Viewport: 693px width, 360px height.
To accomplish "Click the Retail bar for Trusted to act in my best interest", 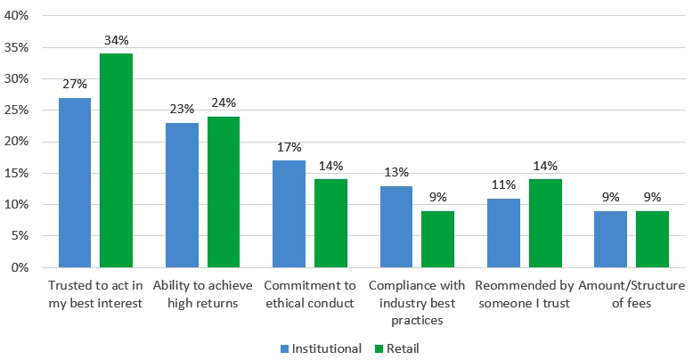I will (116, 160).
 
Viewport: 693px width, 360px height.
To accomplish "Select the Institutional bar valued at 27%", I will (74, 183).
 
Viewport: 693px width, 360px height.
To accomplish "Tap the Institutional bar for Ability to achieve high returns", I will (182, 195).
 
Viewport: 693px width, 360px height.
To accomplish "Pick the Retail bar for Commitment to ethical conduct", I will (331, 223).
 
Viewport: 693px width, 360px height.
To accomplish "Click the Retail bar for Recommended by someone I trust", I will (545, 223).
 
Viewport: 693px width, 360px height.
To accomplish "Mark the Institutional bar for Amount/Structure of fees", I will (611, 239).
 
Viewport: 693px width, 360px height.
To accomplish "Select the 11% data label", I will (504, 184).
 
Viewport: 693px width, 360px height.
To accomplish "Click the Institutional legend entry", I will (321, 348).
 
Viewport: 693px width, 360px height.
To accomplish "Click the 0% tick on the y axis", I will (20, 267).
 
